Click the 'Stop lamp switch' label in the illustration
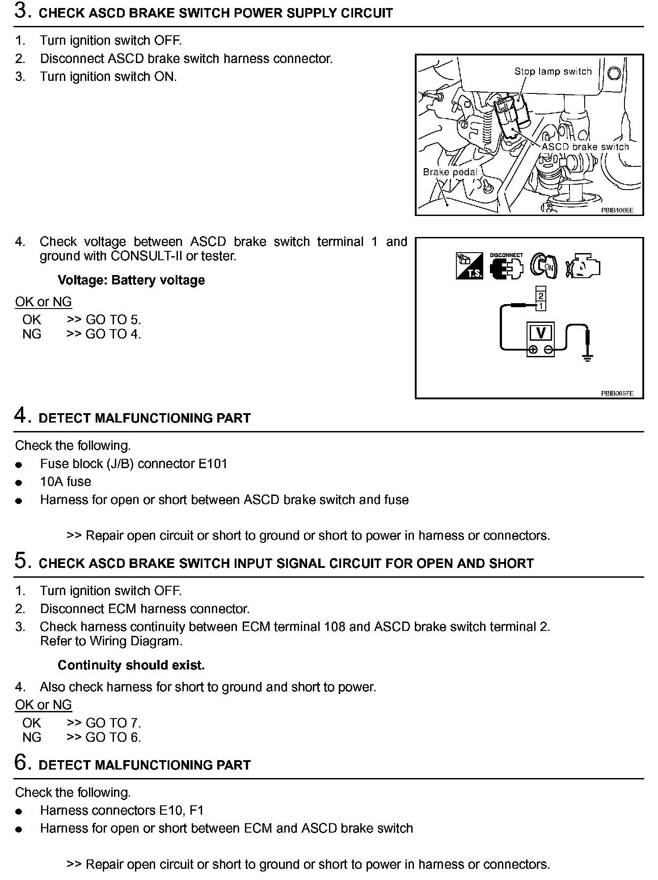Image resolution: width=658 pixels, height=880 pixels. click(553, 72)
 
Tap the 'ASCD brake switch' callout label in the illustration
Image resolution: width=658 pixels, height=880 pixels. click(585, 147)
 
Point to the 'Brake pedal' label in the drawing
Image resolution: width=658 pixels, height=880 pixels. click(450, 172)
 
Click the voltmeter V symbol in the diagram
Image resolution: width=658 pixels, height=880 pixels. click(541, 333)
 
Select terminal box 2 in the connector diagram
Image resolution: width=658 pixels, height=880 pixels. click(541, 296)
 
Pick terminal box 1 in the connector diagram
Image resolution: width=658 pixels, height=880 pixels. click(541, 306)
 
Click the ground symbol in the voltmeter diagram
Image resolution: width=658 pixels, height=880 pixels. click(588, 358)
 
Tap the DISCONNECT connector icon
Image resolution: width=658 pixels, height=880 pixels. click(506, 267)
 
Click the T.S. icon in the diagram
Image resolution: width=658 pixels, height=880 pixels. click(469, 267)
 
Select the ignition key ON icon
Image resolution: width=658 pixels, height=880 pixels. click(544, 266)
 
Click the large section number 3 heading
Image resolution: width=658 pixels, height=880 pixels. click(21, 12)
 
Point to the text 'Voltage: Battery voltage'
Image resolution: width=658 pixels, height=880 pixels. click(131, 280)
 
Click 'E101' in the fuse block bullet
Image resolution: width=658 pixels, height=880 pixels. click(213, 464)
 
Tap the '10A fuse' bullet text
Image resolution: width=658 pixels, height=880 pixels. click(65, 482)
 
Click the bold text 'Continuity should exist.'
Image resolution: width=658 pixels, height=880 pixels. click(131, 665)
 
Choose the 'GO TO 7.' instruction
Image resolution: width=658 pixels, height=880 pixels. click(113, 723)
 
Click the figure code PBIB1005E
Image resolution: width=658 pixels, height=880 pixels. click(617, 210)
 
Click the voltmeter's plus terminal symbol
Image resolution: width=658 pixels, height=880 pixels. click(533, 350)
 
